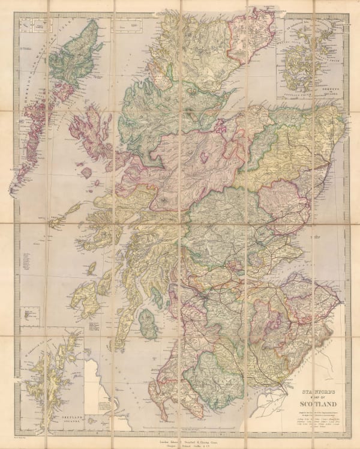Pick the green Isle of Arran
click(148, 324)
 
